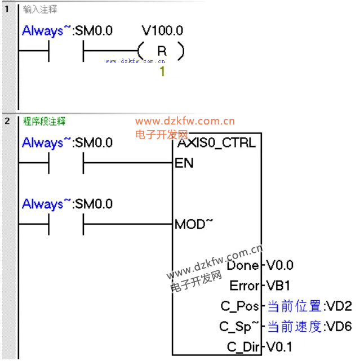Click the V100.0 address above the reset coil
tap(162, 30)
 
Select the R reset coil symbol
tap(162, 51)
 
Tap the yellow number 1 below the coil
tap(162, 71)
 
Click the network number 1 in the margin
tap(7, 9)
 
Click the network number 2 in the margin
tap(7, 121)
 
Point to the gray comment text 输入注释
tap(40, 10)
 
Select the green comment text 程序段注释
tap(44, 121)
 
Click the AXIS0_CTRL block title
tap(216, 142)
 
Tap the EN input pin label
tap(184, 163)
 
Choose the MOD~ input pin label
tap(194, 224)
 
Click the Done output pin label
tap(243, 265)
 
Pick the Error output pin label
tap(245, 286)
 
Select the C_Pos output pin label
tap(239, 306)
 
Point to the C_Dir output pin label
tap(243, 347)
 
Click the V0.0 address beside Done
tap(279, 265)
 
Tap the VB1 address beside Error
tap(278, 286)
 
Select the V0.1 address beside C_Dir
tap(279, 347)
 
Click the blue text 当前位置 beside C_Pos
tap(295, 306)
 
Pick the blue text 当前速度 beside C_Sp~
tap(295, 327)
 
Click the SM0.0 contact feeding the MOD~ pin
tap(66, 224)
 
